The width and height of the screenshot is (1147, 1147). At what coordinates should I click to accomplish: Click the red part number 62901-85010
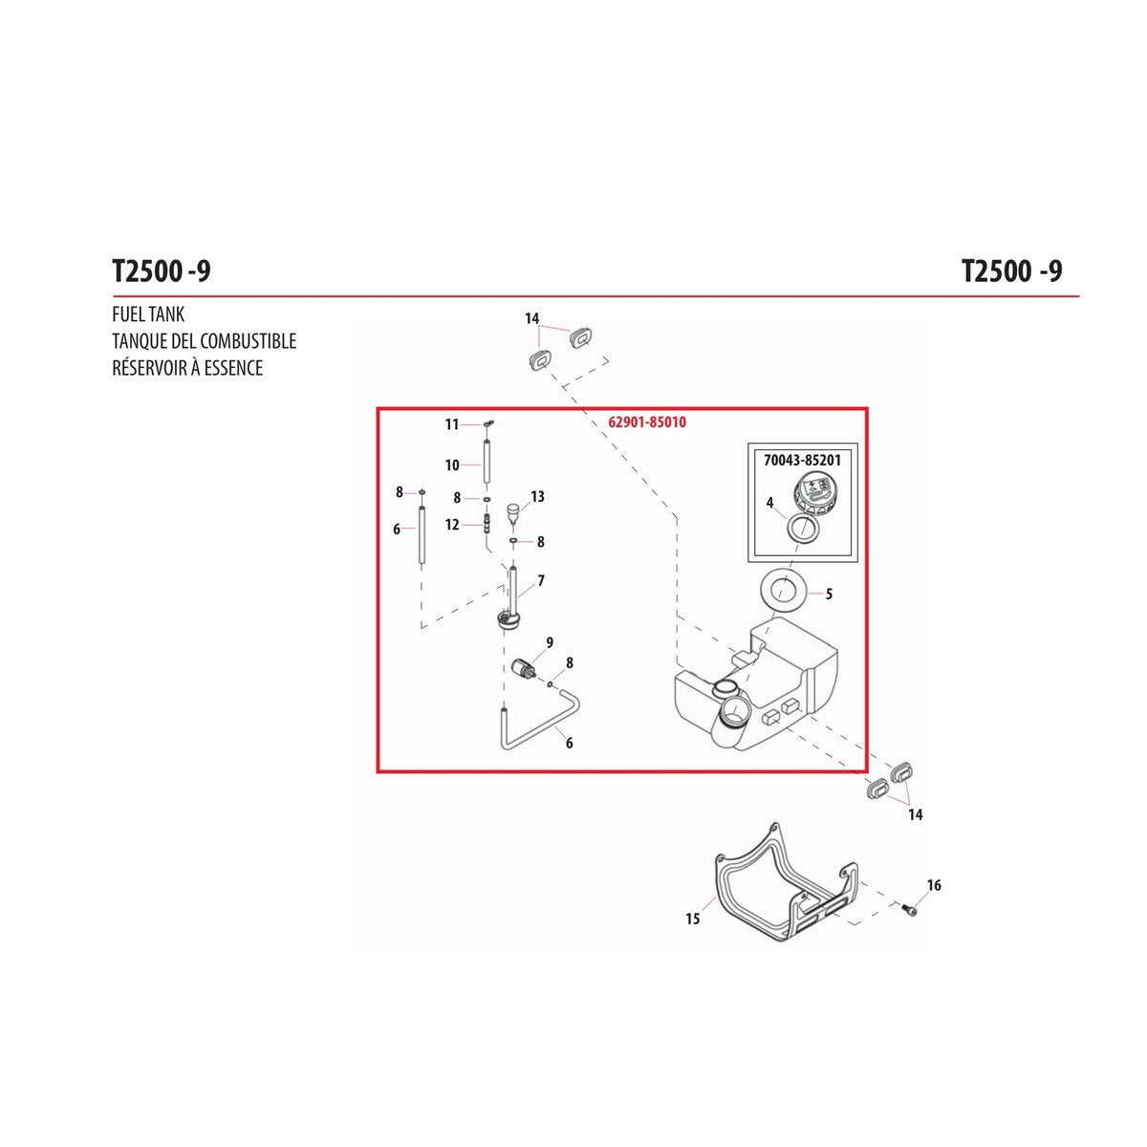point(647,422)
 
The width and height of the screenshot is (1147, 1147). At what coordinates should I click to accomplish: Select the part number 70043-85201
point(802,460)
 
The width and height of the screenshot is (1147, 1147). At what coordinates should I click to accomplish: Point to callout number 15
point(692,919)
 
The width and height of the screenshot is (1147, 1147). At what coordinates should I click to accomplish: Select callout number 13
point(537,496)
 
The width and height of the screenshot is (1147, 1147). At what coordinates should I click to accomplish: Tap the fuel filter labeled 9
point(525,666)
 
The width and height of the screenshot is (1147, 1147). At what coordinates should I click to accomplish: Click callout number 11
point(452,424)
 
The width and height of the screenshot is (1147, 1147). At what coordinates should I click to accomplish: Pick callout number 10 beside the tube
point(452,465)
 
